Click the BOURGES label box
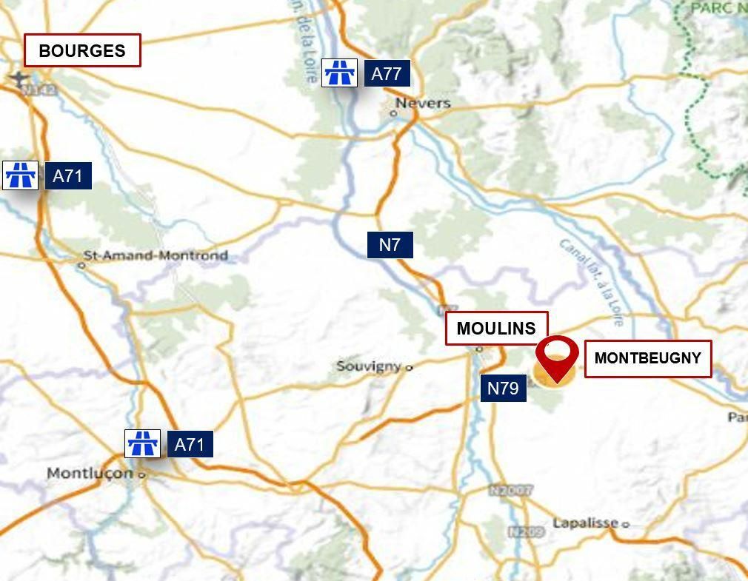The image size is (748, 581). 82,51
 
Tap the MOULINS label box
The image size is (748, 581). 496,329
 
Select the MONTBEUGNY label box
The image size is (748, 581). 647,359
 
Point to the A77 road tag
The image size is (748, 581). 387,74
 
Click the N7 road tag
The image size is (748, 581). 390,245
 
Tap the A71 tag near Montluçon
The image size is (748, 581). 190,445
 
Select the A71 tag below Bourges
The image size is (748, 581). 68,176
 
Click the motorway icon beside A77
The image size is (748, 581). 340,73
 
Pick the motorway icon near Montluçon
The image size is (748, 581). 143,444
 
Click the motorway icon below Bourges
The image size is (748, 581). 20,175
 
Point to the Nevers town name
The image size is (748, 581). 423,103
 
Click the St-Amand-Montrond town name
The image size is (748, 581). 156,256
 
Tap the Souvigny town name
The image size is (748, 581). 369,366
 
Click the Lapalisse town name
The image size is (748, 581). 585,523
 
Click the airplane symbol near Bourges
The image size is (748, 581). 19,78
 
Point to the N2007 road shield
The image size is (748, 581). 511,490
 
